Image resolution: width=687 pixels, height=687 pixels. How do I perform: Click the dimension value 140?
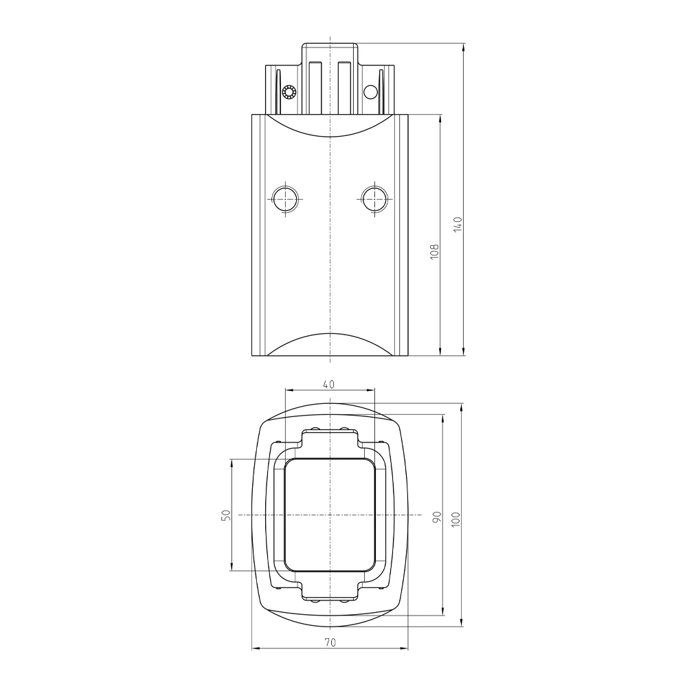point(458,224)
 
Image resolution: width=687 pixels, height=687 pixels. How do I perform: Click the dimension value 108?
point(434,251)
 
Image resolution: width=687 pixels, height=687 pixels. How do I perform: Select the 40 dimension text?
point(328,384)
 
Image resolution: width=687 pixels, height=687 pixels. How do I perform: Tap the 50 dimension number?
point(226,515)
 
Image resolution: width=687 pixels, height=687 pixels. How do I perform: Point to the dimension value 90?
point(437,517)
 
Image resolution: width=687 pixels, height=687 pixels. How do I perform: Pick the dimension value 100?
point(455,519)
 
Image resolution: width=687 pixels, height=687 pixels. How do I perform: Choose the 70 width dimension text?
point(330,642)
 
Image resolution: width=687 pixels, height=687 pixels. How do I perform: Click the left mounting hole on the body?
point(285,199)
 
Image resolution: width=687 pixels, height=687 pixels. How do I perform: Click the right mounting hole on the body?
point(374,199)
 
